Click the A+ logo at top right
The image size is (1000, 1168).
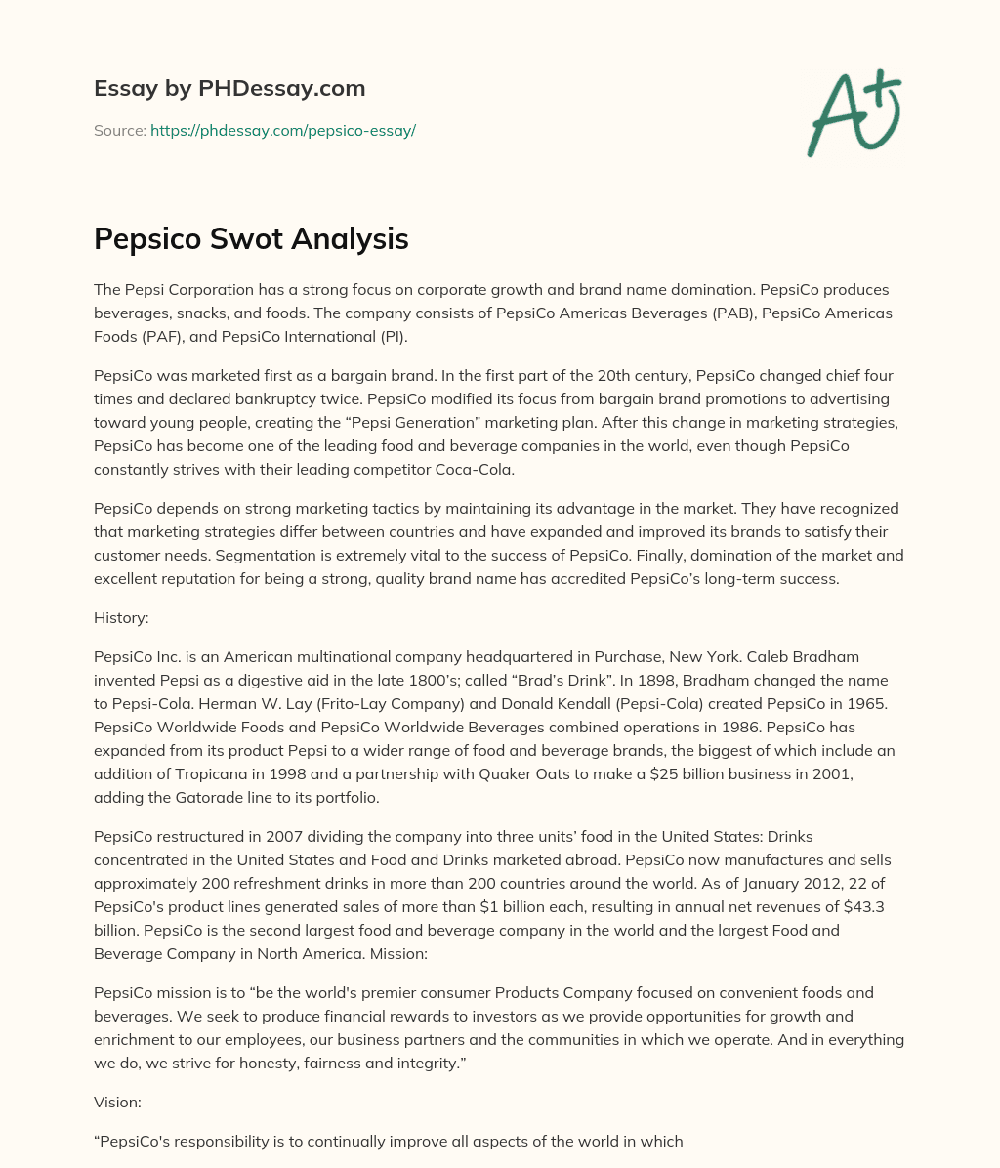click(854, 113)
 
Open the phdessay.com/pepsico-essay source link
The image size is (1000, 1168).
click(283, 130)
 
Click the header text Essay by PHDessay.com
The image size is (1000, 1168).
click(229, 88)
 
